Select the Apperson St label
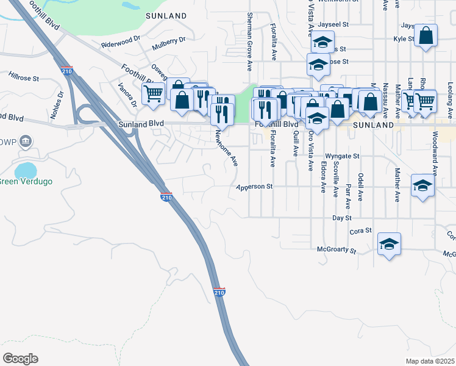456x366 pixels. [x=254, y=187]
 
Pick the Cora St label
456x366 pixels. [x=362, y=231]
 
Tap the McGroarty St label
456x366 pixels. [x=337, y=249]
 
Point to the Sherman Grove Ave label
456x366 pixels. [x=249, y=41]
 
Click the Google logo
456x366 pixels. [x=20, y=359]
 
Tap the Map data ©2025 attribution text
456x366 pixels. [x=430, y=361]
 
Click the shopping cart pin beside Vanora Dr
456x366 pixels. [x=153, y=94]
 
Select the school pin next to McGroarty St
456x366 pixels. [x=389, y=244]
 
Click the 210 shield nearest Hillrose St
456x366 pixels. [x=67, y=71]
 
